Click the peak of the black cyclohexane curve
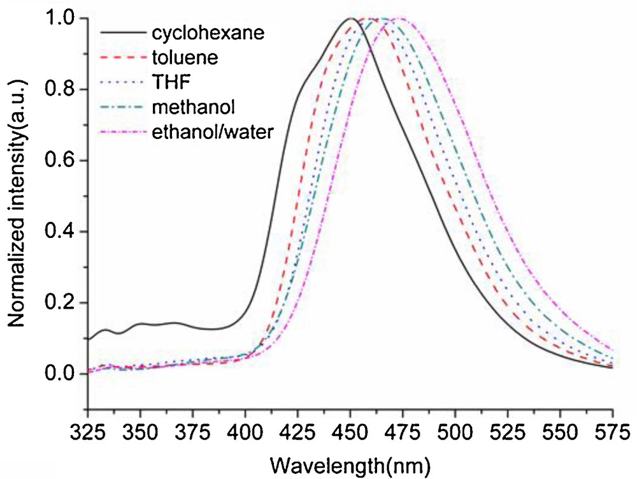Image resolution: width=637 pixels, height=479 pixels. pos(350,19)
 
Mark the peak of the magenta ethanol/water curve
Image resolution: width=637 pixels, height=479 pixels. pos(401,19)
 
